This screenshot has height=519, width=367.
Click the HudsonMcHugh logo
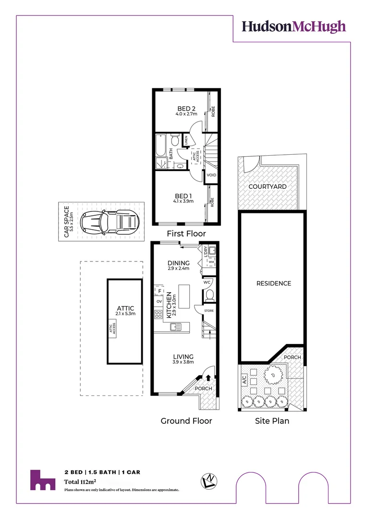coord(294,26)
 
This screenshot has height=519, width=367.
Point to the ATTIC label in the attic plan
coord(125,308)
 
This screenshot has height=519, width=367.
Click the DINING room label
coord(178,263)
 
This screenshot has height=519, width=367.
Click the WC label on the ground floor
coord(207,283)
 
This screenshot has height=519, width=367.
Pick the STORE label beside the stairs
coord(208,311)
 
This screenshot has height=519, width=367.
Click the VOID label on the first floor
coord(211,175)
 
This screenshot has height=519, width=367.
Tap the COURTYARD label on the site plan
coord(267,186)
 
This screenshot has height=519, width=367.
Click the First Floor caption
coord(186,234)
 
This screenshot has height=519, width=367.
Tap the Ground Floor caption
coord(186,421)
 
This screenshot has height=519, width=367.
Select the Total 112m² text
coord(81,482)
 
